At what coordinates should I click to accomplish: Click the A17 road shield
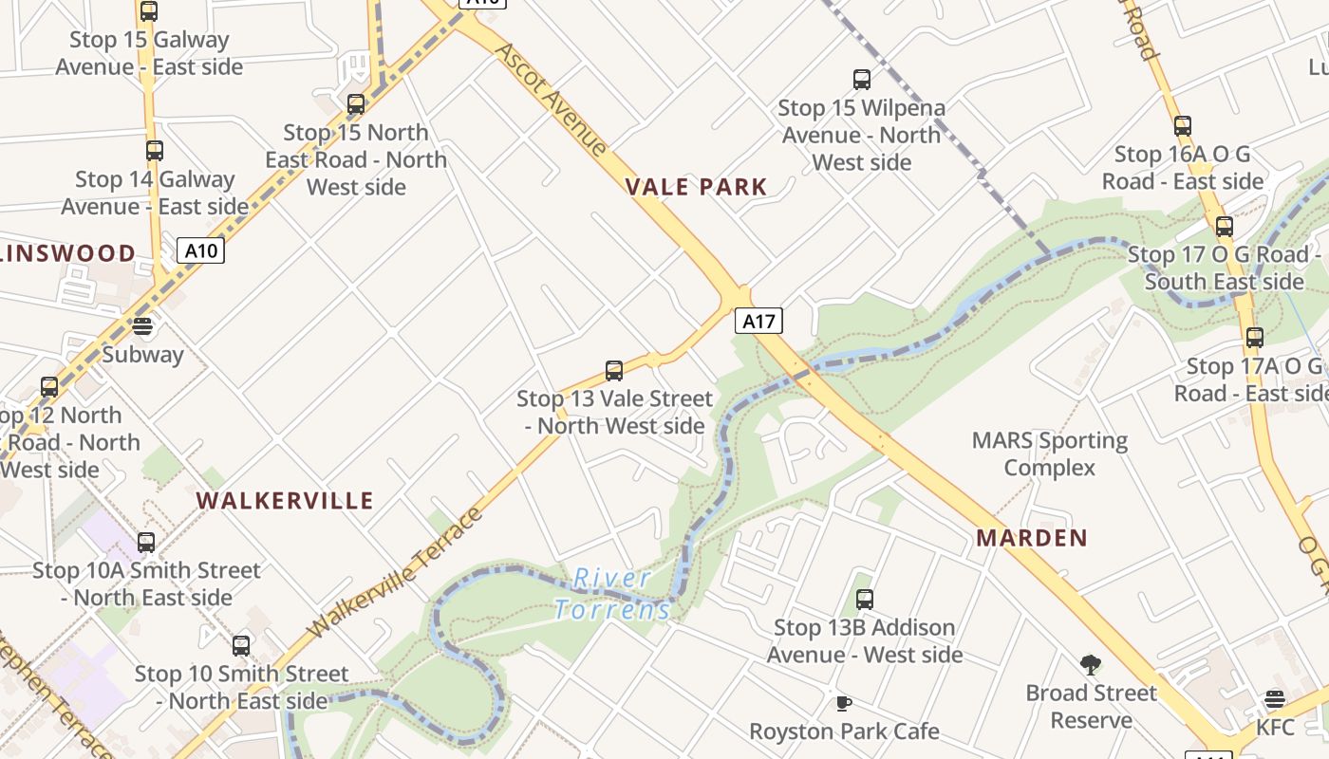pos(758,321)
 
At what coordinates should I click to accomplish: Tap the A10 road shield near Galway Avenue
pos(200,250)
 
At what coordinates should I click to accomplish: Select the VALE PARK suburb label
pos(696,187)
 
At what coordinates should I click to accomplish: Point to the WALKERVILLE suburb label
pos(285,501)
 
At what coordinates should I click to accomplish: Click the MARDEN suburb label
pos(1032,538)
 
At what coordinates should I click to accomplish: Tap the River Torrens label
pos(613,593)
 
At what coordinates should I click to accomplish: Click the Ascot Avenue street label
pos(552,99)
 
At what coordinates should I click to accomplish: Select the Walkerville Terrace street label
pos(395,574)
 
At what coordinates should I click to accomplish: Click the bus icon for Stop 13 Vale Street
pos(614,370)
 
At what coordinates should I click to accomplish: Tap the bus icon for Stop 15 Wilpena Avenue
pos(862,80)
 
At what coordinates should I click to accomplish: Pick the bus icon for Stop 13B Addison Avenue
pos(864,599)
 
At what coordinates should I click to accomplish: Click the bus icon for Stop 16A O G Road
pos(1182,125)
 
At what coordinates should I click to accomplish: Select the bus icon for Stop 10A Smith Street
pos(146,542)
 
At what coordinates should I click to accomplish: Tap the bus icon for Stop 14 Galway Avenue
pos(155,150)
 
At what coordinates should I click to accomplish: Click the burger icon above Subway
pos(142,327)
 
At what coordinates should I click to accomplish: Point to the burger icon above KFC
pos(1275,700)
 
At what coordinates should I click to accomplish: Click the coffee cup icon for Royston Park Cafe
pos(843,703)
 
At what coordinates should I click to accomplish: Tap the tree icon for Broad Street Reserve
pos(1091,664)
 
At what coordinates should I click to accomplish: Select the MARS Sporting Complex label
pos(1049,454)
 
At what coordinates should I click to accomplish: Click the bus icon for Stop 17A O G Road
pos(1255,337)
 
